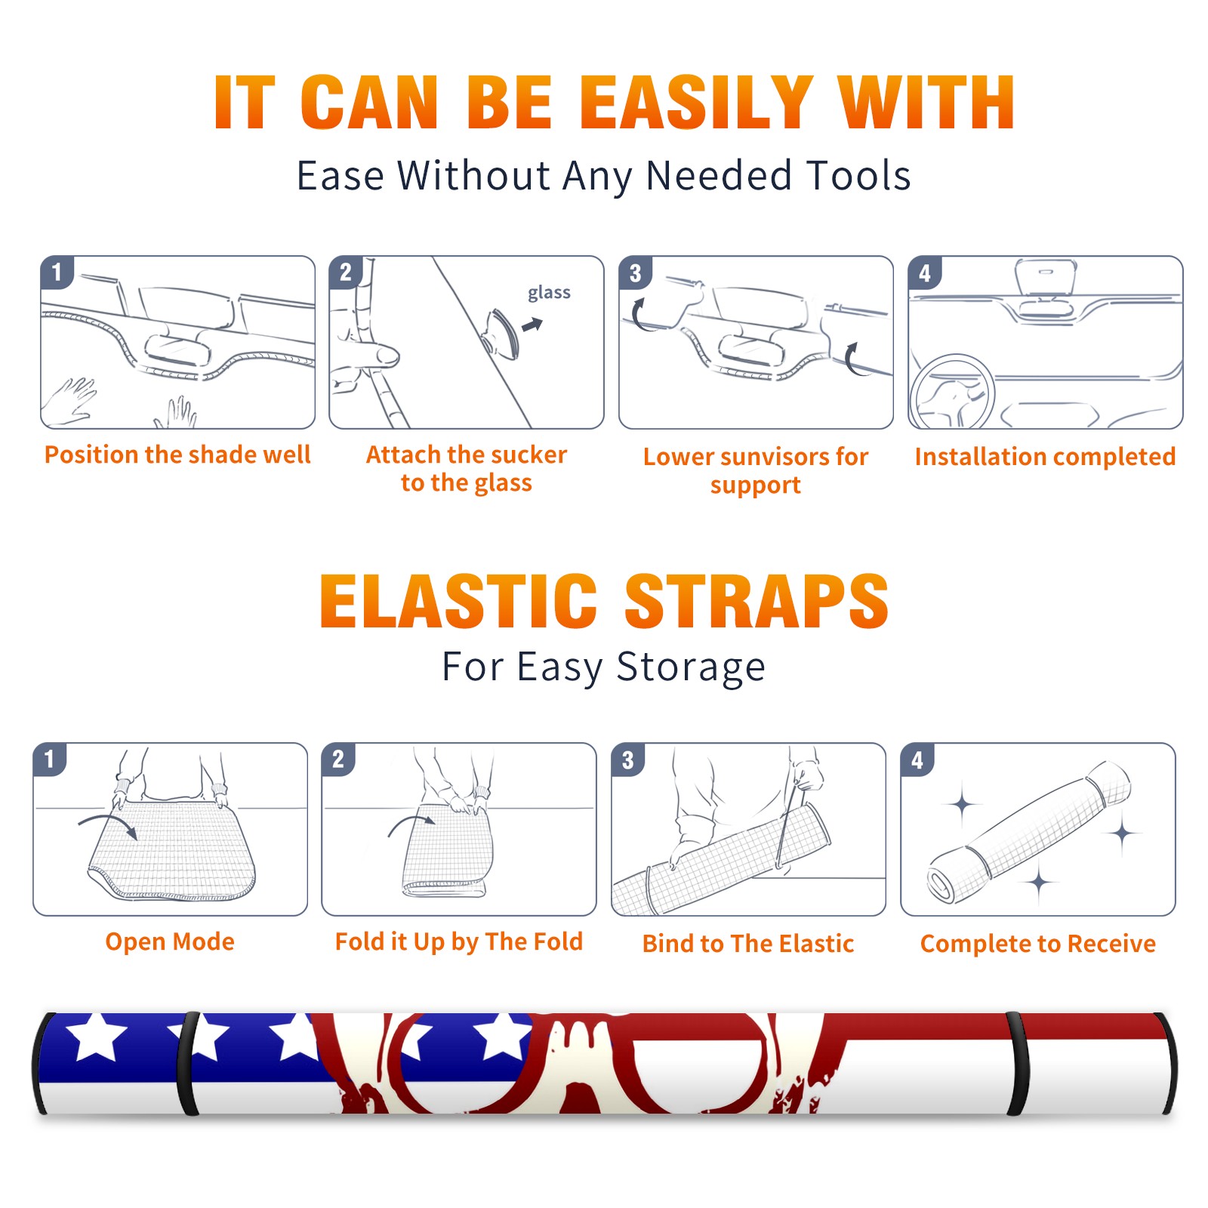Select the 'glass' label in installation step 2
click(549, 293)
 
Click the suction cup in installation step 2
click(502, 334)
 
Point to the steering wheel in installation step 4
click(951, 392)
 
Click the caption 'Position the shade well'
click(177, 455)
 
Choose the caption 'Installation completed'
click(1045, 457)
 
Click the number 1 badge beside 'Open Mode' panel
click(50, 759)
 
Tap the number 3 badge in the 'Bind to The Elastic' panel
click(628, 760)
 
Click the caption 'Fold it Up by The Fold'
click(459, 941)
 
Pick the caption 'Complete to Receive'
click(1038, 944)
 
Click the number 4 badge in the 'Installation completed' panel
click(925, 273)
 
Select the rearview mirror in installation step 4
click(1046, 279)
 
